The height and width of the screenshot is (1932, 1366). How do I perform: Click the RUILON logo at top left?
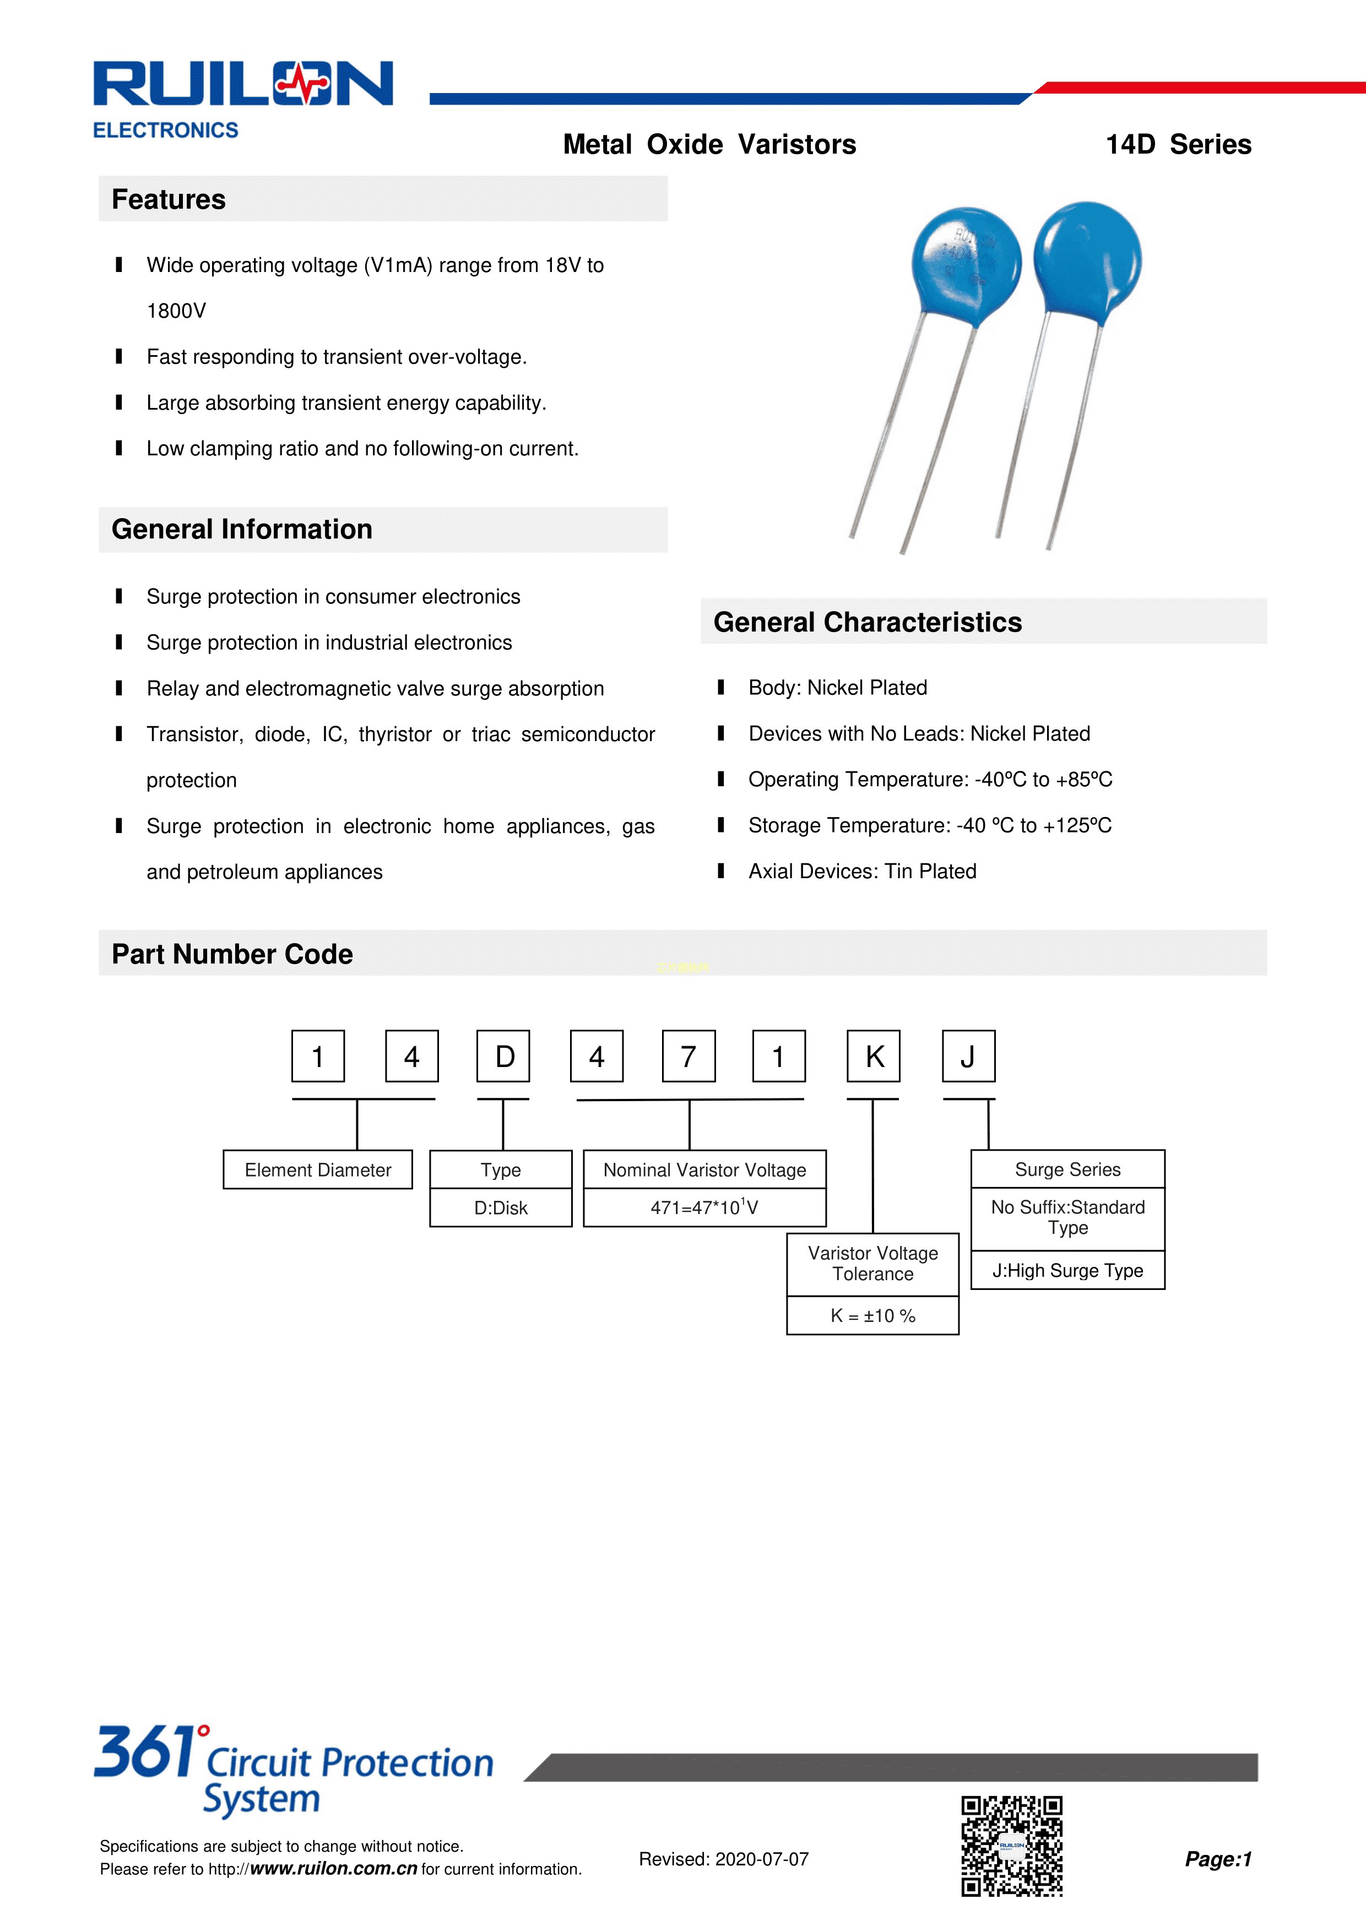242,85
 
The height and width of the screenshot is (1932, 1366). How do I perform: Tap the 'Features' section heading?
169,199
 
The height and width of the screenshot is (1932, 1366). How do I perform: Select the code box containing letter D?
503,1056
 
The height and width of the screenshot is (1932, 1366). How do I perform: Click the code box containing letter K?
874,1056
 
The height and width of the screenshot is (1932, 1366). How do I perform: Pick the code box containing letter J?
968,1056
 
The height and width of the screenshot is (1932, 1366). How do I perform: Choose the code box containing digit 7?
689,1056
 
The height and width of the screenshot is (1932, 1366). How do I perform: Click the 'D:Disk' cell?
501,1207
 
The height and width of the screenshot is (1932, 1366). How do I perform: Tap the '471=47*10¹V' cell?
704,1207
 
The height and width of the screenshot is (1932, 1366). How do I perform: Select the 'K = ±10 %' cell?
873,1315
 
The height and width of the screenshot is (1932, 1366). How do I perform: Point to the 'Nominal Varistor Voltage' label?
704,1169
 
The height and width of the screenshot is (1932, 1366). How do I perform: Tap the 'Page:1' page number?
1218,1859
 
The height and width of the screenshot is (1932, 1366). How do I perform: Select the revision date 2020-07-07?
761,1859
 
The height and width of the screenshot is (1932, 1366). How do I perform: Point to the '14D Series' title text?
1178,145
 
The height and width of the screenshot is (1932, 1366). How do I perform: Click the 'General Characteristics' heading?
868,622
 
